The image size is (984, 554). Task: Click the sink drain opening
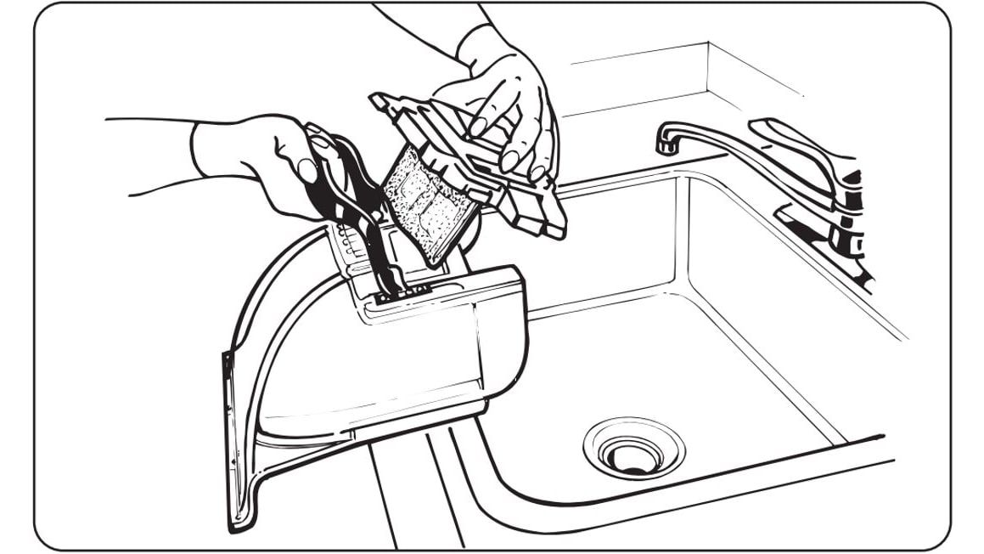point(633,456)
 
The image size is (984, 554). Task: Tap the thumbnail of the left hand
point(307,169)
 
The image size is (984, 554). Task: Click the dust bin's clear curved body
point(357,365)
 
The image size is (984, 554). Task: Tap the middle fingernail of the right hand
point(510,161)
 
